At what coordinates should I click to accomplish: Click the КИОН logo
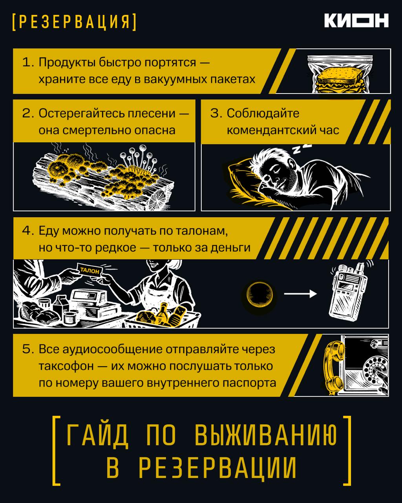[x=356, y=20]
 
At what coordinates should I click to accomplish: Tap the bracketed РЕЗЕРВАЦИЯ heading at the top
[x=74, y=22]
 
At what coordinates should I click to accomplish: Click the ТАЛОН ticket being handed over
[x=90, y=271]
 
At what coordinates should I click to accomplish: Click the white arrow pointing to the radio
[x=300, y=294]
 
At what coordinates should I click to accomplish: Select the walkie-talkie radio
[x=348, y=292]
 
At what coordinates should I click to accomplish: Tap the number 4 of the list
[x=27, y=230]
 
